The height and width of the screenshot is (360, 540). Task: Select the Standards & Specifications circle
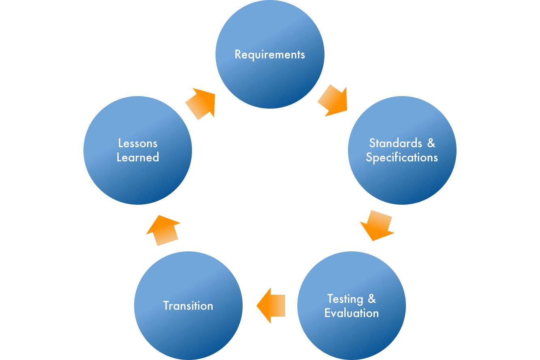pyautogui.click(x=402, y=178)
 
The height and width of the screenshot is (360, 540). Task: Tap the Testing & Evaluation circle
pyautogui.click(x=352, y=332)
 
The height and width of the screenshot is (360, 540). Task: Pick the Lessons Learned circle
pyautogui.click(x=138, y=178)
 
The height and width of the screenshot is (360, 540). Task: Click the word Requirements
pyautogui.click(x=270, y=54)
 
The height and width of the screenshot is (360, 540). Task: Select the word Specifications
pyautogui.click(x=402, y=157)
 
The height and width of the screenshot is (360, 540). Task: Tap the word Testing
pyautogui.click(x=345, y=299)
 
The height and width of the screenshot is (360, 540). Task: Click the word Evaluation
pyautogui.click(x=352, y=313)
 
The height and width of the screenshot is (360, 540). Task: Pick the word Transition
pyautogui.click(x=188, y=306)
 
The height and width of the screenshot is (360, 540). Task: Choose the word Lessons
pyautogui.click(x=138, y=143)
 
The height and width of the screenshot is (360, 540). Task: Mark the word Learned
pyautogui.click(x=138, y=157)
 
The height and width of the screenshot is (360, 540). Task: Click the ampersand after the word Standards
pyautogui.click(x=431, y=143)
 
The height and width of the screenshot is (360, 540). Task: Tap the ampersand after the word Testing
pyautogui.click(x=372, y=299)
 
